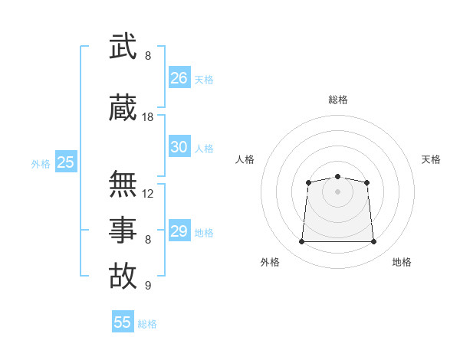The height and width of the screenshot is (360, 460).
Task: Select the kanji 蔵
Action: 123,107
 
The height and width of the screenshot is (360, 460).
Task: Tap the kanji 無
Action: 123,184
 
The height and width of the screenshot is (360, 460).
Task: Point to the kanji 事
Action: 123,229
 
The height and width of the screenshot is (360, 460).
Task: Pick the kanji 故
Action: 123,276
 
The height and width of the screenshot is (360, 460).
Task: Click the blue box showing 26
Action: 179,77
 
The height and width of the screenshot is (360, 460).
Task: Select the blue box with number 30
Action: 179,147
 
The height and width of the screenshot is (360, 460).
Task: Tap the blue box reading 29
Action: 179,231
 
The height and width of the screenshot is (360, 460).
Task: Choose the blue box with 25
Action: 65,162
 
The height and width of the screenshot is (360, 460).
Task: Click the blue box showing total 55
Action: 123,322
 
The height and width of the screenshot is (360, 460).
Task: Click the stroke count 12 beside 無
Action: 148,194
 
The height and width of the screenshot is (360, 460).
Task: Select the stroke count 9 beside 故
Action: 148,286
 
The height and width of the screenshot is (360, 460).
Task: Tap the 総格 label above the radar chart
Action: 338,100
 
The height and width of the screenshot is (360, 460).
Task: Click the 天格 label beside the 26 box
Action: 204,79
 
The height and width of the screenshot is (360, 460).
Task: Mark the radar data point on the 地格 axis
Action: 374,242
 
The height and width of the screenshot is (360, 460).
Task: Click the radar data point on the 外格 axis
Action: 301,242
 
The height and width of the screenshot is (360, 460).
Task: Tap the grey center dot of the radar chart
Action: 337,191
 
